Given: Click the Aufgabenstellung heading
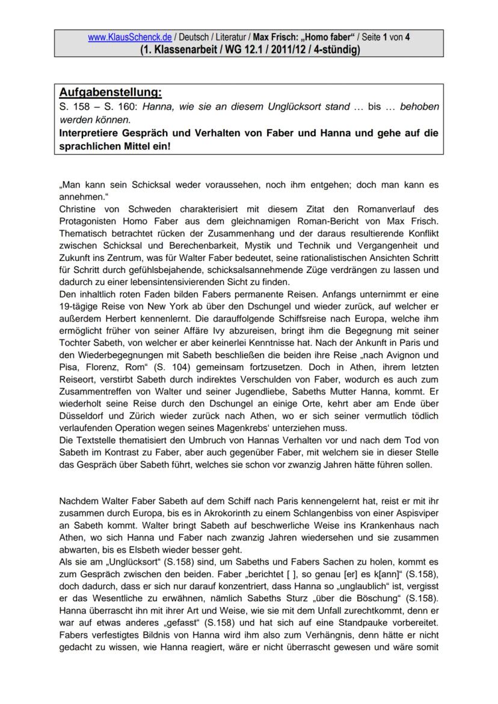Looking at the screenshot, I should (x=111, y=93).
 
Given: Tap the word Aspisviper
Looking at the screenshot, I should (x=418, y=512).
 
